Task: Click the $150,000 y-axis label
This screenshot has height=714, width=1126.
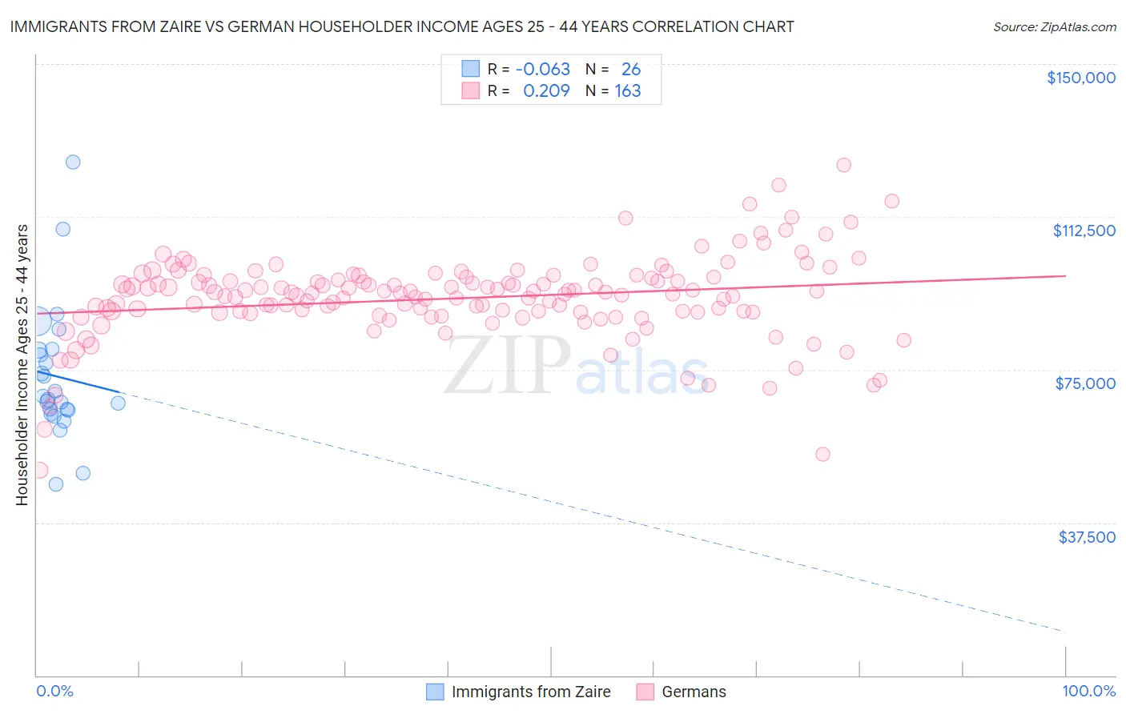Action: pos(1081,78)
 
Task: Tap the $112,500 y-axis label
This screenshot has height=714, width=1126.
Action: pos(1084,231)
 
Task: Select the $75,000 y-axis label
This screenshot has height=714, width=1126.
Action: pos(1085,383)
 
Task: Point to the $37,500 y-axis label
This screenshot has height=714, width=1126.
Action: pos(1087,537)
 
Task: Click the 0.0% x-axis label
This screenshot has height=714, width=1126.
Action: pos(54,691)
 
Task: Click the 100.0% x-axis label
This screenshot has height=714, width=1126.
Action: pos(1088,691)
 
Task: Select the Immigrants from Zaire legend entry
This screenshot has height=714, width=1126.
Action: pos(530,692)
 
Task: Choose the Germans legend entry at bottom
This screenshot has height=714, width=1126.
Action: pos(694,692)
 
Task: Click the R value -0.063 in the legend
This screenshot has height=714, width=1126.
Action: pos(542,70)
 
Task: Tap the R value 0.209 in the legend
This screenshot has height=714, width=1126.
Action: pos(546,91)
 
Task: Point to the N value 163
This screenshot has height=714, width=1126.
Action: pos(628,91)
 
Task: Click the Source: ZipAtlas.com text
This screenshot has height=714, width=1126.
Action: pos(1054,26)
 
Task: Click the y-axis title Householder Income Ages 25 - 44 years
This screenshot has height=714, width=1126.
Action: pos(22,365)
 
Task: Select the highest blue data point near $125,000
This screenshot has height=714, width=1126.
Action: pos(73,162)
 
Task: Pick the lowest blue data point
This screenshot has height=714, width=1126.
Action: pos(56,484)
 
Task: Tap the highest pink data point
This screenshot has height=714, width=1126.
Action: pos(843,165)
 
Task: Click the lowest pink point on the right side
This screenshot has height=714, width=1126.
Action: pos(822,454)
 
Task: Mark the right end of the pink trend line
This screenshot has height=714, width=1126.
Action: pos(1065,275)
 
